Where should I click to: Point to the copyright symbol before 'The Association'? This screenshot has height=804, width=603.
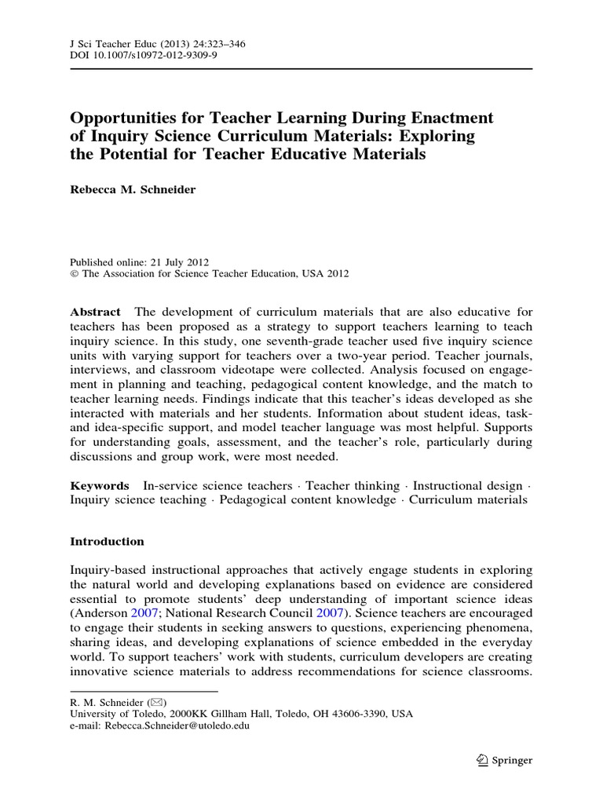[75, 274]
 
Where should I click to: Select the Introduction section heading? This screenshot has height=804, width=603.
[107, 541]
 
